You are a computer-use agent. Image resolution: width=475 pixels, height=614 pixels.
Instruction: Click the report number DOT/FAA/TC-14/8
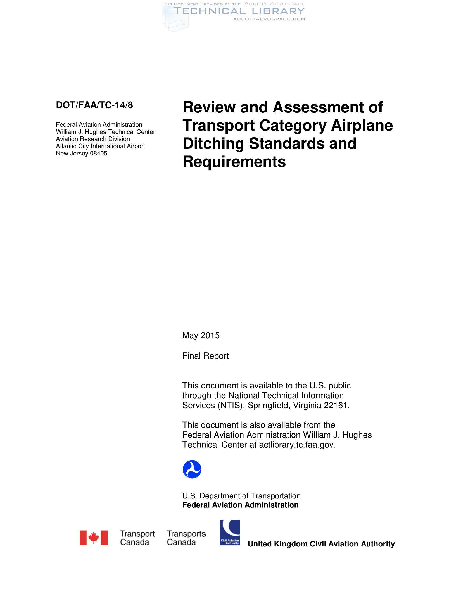(94, 105)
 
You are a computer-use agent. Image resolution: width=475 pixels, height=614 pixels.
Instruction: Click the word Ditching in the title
(213, 144)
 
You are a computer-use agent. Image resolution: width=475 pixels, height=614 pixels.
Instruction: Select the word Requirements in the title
(234, 162)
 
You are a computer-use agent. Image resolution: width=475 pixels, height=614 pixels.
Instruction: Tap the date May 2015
(201, 335)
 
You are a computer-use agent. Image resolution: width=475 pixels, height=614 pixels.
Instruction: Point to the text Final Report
(205, 356)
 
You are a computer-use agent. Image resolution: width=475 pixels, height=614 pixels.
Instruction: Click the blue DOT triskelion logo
(192, 469)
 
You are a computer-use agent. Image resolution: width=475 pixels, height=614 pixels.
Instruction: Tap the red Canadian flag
(94, 538)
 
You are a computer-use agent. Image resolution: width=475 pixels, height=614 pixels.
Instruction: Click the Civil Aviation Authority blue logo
(230, 533)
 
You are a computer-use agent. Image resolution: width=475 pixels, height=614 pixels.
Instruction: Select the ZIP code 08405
(98, 153)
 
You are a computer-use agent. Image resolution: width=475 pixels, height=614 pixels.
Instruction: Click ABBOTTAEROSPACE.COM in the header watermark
(269, 19)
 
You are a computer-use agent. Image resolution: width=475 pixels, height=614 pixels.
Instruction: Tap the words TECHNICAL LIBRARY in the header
(239, 11)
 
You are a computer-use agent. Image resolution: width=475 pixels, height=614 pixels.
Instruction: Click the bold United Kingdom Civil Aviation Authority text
(321, 544)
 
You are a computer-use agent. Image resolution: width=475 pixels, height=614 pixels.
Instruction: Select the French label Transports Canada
(186, 538)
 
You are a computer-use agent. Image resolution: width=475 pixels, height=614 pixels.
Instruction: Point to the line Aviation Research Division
(93, 139)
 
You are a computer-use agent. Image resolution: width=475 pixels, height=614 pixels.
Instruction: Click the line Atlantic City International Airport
(101, 146)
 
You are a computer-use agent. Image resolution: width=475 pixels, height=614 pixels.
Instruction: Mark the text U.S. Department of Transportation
(241, 496)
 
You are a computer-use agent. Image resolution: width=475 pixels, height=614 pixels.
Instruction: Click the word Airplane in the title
(362, 125)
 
